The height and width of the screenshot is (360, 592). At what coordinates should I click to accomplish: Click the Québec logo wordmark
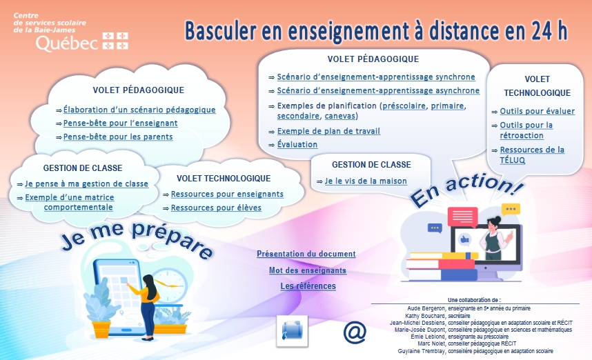point(82,41)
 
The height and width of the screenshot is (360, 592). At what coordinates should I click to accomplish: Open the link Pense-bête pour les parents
point(118,137)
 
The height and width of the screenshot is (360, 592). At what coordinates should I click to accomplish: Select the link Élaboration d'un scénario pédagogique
point(139,110)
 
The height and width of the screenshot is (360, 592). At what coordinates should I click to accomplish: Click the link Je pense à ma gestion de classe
point(86,183)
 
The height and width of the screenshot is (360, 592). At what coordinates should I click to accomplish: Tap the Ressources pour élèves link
point(216,208)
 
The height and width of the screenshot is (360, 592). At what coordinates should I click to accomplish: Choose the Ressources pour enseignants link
point(227,194)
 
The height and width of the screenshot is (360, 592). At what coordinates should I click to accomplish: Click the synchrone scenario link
point(376,77)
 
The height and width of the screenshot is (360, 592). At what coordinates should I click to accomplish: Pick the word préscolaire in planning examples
point(404,106)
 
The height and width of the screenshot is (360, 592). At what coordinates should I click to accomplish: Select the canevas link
point(340,116)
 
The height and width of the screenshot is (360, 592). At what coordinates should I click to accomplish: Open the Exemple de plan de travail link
point(328,131)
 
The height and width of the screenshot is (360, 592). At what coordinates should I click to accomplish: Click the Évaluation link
point(297,144)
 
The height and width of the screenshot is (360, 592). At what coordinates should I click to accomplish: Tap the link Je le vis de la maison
point(366,181)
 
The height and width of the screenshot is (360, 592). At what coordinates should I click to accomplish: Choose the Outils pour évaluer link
point(537,111)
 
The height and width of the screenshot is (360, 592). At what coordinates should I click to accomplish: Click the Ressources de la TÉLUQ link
point(532,154)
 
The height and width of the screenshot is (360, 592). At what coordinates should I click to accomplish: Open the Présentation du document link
point(306,254)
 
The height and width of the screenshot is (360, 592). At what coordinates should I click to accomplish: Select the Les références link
point(308,286)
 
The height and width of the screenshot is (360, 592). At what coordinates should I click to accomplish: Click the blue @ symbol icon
point(355,332)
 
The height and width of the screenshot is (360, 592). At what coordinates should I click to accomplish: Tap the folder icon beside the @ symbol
point(293,331)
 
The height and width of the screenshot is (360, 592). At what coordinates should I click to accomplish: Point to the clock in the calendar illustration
point(170,285)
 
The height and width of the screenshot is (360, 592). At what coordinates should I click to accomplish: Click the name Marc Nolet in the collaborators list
point(429,343)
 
